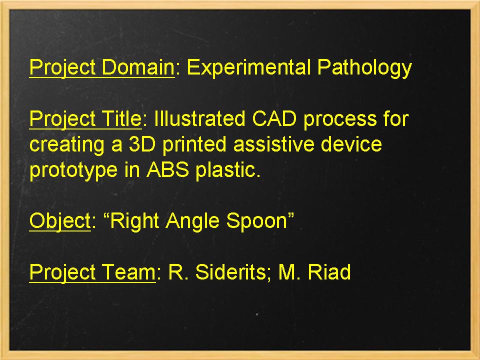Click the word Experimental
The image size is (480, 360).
click(248, 67)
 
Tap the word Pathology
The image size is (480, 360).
click(364, 67)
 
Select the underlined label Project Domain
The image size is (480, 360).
click(101, 67)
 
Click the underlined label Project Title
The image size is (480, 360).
click(85, 119)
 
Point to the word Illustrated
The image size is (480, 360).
click(199, 119)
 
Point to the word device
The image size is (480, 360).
click(352, 144)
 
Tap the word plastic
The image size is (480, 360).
click(228, 170)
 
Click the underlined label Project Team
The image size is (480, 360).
click(92, 273)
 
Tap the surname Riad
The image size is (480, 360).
click(328, 273)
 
